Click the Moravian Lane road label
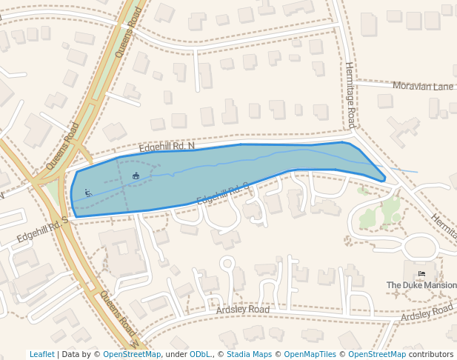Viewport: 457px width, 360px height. pos(422,87)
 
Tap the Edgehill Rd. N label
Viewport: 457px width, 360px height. pos(167,147)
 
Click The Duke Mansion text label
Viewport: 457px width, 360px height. pos(421,285)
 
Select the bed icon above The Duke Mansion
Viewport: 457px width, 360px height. pos(421,274)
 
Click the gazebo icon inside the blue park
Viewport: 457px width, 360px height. pos(136,176)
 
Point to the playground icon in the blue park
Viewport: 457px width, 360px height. pos(88,193)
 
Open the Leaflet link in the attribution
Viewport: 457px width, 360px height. pos(41,355)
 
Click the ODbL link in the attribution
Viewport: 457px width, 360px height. pos(200,355)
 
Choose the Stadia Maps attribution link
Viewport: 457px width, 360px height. pos(249,355)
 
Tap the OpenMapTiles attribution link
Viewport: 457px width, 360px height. pos(310,355)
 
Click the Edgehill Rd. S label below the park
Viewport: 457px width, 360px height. pos(222,194)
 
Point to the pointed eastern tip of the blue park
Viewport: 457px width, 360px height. pos(384,179)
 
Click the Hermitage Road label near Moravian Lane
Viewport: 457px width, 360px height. pos(351,95)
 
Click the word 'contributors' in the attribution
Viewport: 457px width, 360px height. pos(430,355)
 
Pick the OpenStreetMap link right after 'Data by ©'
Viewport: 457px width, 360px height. pos(132,355)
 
